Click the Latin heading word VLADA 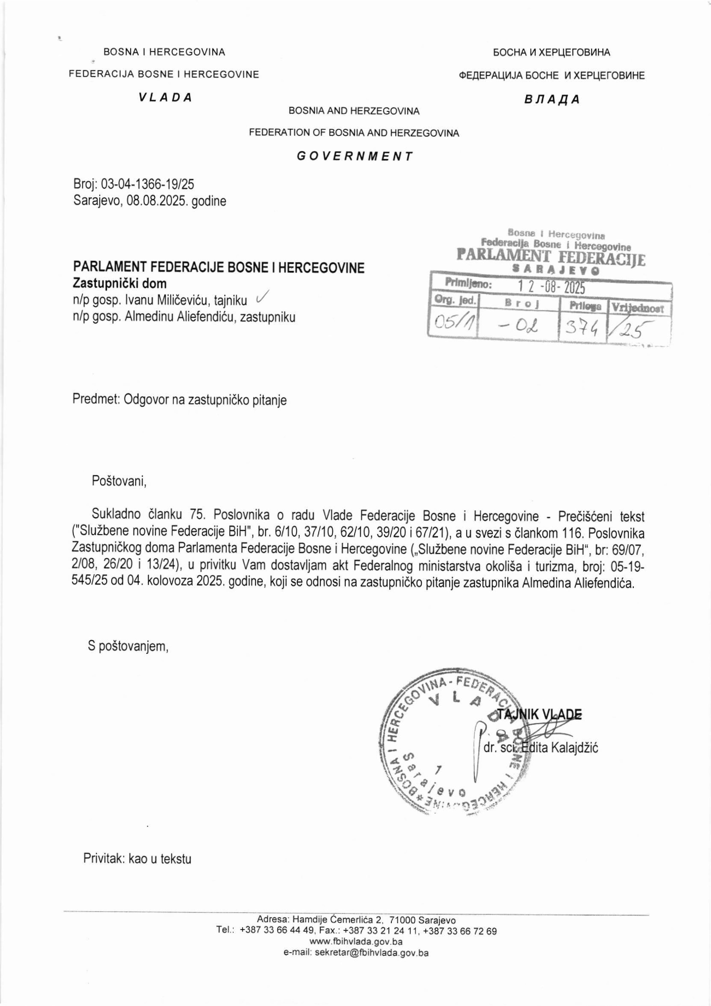(x=165, y=98)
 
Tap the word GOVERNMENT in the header (x=355, y=156)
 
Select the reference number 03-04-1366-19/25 (x=147, y=184)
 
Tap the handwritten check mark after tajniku (x=262, y=298)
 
